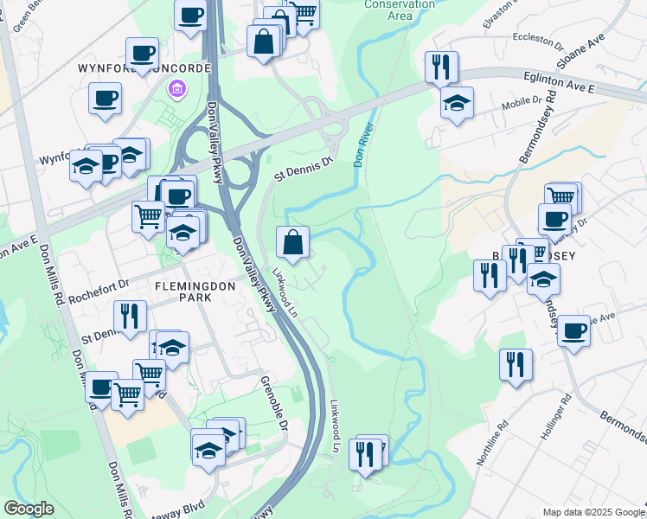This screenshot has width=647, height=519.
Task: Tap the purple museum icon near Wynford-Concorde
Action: point(177,88)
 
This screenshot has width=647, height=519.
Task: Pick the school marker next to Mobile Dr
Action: point(457,104)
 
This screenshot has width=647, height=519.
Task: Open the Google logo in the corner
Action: point(29,509)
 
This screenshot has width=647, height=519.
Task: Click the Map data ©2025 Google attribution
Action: point(594,512)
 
